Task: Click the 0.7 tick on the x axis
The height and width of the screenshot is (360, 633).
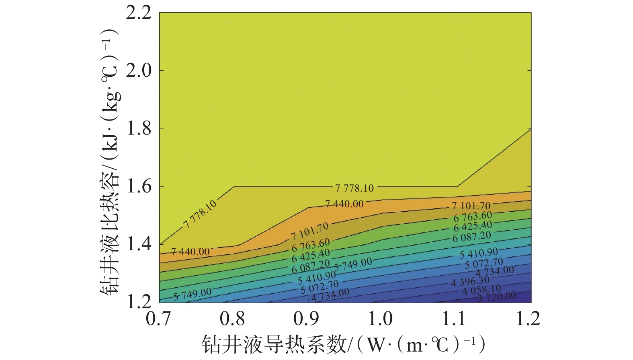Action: (x=158, y=319)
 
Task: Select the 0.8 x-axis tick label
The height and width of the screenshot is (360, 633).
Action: (x=232, y=319)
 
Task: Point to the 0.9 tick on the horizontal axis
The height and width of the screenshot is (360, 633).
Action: (x=306, y=319)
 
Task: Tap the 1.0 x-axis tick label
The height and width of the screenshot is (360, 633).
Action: (x=380, y=319)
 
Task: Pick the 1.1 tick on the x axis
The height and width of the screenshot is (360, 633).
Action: (x=454, y=319)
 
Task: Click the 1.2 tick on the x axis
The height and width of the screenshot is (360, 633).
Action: (x=528, y=319)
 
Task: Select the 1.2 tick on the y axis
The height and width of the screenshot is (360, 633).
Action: (x=139, y=302)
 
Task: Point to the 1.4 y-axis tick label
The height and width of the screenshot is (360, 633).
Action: (x=139, y=244)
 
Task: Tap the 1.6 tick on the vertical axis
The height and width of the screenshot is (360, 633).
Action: (x=139, y=186)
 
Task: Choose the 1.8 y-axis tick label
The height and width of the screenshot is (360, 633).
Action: (x=139, y=129)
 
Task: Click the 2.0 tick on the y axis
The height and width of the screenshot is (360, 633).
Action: (x=139, y=71)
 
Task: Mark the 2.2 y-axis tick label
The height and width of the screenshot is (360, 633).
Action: (x=139, y=13)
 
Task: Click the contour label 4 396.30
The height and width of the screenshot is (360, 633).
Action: (x=470, y=282)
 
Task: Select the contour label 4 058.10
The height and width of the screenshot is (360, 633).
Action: (x=481, y=290)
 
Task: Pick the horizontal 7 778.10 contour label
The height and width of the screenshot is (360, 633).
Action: (x=354, y=188)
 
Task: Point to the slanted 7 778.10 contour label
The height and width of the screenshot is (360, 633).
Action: (x=200, y=214)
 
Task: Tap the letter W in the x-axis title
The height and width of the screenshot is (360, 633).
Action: (x=376, y=344)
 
